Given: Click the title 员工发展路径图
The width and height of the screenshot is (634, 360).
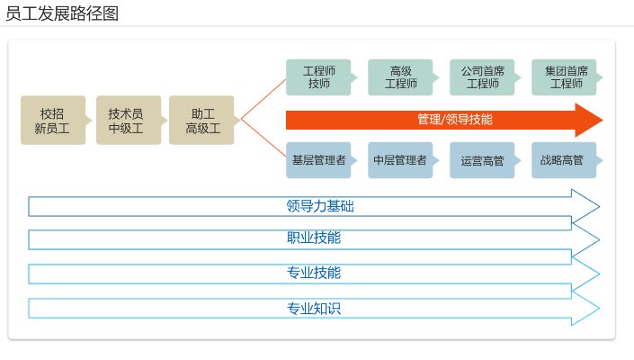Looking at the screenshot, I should click(x=61, y=13).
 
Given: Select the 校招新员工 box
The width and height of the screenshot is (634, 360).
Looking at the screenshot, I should click(x=53, y=121).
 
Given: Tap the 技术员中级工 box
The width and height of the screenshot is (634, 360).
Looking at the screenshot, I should click(x=126, y=121).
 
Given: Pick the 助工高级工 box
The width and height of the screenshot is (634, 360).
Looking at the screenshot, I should click(x=201, y=121).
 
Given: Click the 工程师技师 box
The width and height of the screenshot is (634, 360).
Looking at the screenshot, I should click(x=318, y=77).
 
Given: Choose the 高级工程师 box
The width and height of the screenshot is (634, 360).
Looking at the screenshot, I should click(x=400, y=77).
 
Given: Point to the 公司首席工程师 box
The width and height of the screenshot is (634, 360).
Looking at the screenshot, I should click(x=482, y=77).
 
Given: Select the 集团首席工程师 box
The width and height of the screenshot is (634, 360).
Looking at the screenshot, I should click(x=564, y=77).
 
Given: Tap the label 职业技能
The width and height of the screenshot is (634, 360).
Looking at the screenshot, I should click(x=314, y=238).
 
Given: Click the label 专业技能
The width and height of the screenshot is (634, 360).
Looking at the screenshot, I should click(x=314, y=273).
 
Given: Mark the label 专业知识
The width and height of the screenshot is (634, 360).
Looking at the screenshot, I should click(x=314, y=308).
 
